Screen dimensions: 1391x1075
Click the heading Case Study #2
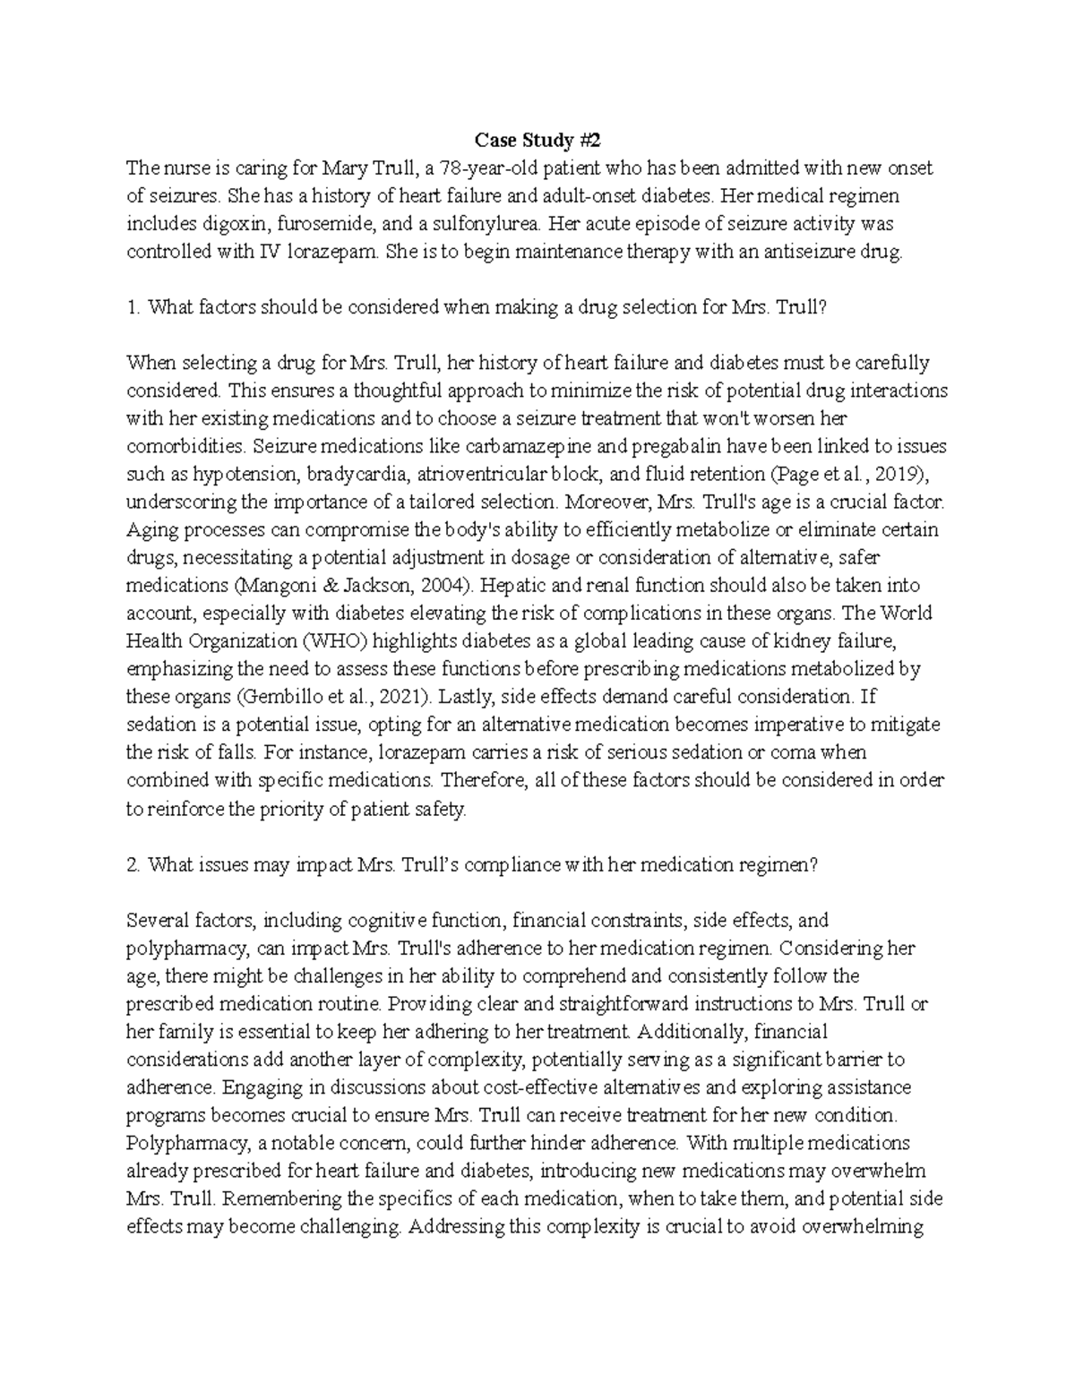(x=537, y=141)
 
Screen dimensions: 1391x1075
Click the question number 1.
(x=133, y=307)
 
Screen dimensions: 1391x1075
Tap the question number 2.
(x=133, y=864)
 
